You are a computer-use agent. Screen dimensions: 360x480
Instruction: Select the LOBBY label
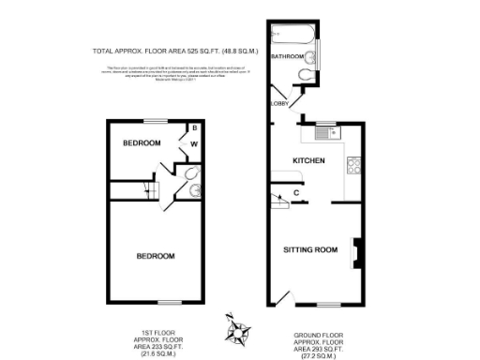(278, 104)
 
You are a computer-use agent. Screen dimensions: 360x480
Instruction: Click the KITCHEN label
(308, 161)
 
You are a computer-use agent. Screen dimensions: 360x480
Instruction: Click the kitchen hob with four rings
(354, 169)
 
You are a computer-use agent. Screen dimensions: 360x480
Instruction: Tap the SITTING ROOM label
(310, 249)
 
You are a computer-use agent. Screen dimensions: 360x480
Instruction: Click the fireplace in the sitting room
(355, 251)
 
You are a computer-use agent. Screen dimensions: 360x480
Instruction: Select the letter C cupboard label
(296, 194)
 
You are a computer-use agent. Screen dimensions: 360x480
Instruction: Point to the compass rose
(241, 329)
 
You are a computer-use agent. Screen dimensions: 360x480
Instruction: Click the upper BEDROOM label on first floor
(141, 142)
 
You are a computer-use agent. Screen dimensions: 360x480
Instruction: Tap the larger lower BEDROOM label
(155, 255)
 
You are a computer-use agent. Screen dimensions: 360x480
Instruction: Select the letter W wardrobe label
(195, 144)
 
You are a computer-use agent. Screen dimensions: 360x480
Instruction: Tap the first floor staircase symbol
(150, 192)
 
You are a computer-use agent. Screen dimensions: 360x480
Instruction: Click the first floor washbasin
(193, 192)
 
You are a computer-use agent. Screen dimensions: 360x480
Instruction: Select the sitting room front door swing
(282, 298)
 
